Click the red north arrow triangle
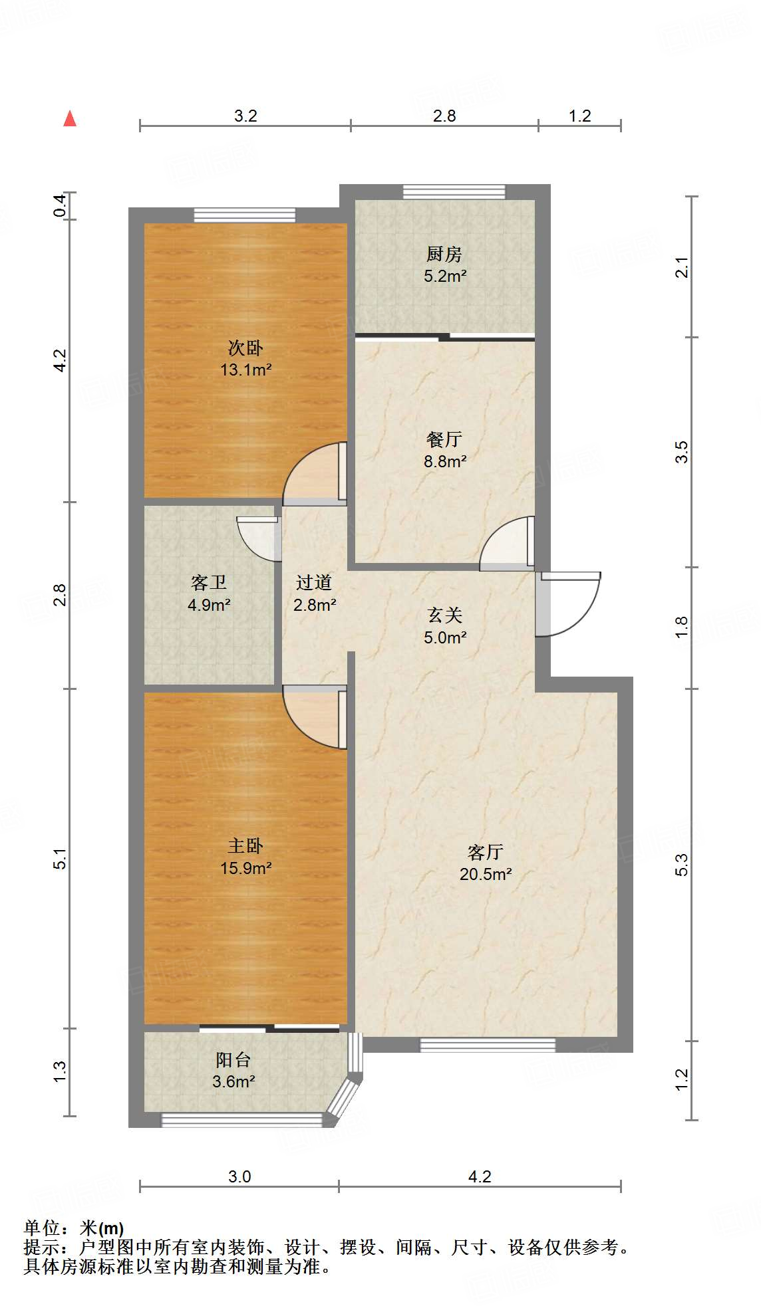70,118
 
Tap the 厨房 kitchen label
444,254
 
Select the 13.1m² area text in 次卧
246,370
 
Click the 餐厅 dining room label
444,439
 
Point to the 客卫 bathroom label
209,583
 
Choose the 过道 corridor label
314,583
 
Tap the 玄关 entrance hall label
444,615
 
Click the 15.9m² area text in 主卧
246,868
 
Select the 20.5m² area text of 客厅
486,875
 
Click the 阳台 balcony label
233,1060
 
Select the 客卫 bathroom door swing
258,538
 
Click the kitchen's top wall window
454,192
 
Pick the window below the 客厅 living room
488,1045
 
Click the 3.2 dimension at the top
245,116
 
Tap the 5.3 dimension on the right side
681,864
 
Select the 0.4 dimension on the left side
60,205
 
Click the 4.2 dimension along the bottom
480,1177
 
